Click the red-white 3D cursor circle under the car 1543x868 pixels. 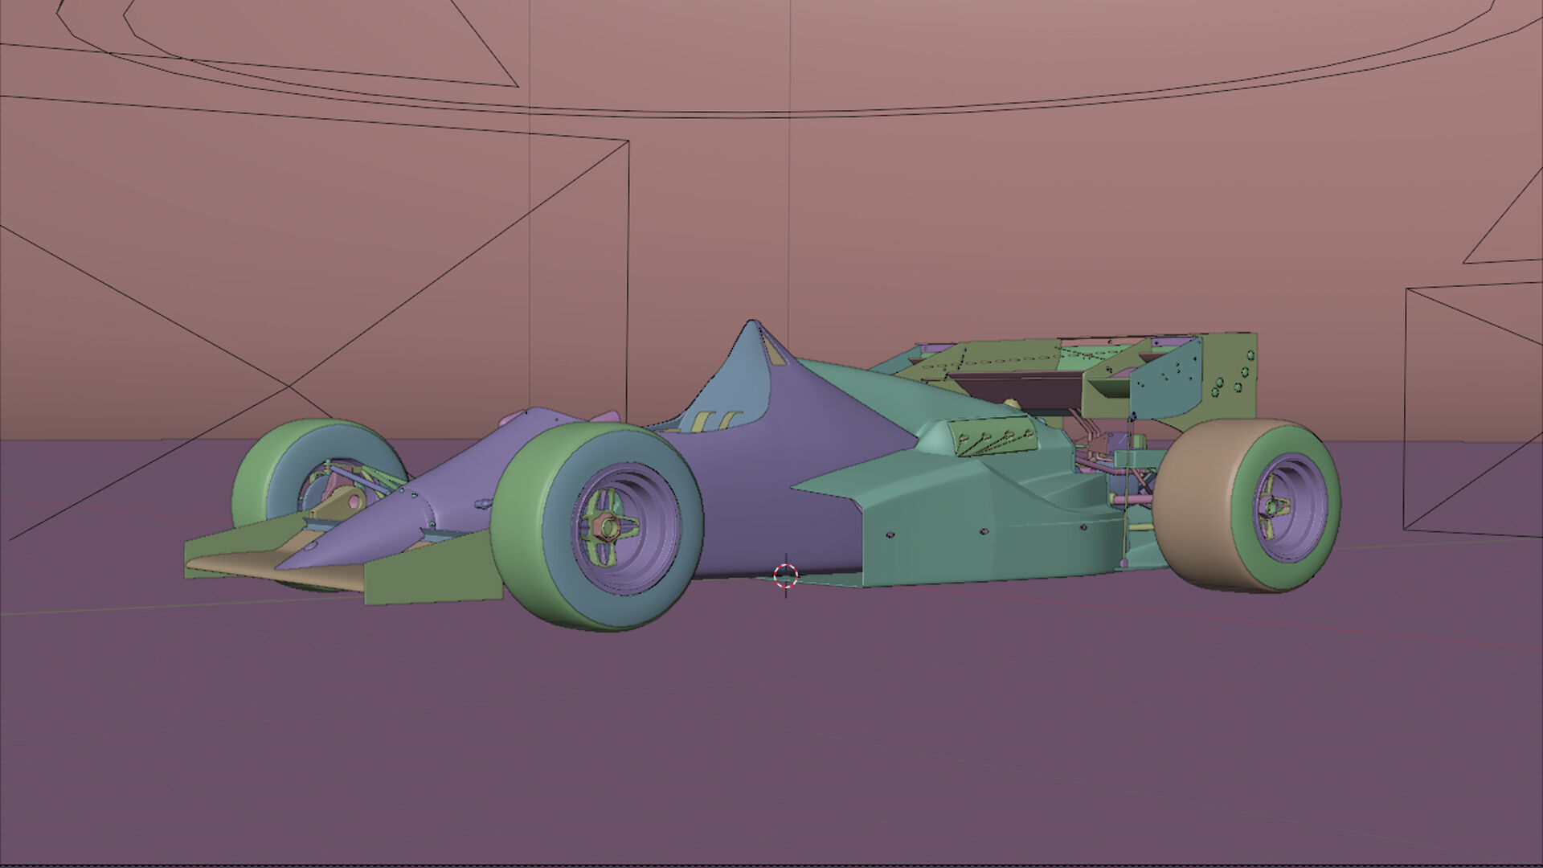pyautogui.click(x=785, y=575)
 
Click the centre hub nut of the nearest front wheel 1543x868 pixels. pyautogui.click(x=608, y=527)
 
